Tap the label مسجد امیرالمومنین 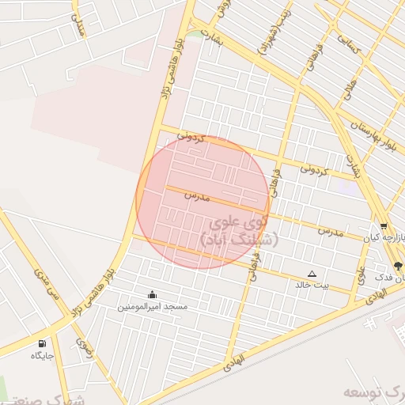pyautogui.click(x=153, y=306)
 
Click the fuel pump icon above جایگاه pyautogui.click(x=41, y=344)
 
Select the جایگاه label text pyautogui.click(x=41, y=355)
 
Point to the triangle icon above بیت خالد pyautogui.click(x=312, y=274)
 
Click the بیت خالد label pyautogui.click(x=312, y=285)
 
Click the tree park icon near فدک pyautogui.click(x=397, y=267)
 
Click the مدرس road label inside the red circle pyautogui.click(x=196, y=195)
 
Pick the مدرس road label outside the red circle pyautogui.click(x=331, y=232)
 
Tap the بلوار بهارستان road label pyautogui.click(x=371, y=135)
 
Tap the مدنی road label pyautogui.click(x=78, y=25)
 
